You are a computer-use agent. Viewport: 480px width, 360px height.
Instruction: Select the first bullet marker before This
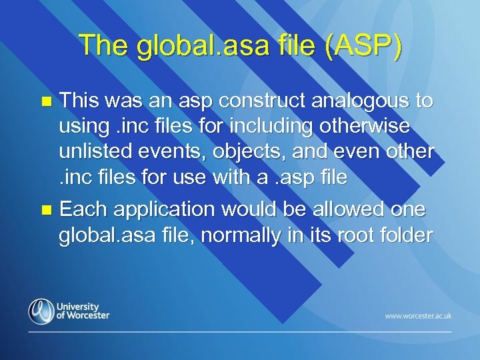point(46,102)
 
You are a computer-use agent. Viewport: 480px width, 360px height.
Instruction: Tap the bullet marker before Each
point(46,210)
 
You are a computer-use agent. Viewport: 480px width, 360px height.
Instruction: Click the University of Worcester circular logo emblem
point(41,311)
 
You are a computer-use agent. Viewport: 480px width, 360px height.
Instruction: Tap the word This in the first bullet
point(81,101)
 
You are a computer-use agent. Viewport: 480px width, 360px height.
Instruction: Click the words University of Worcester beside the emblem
point(83,311)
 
